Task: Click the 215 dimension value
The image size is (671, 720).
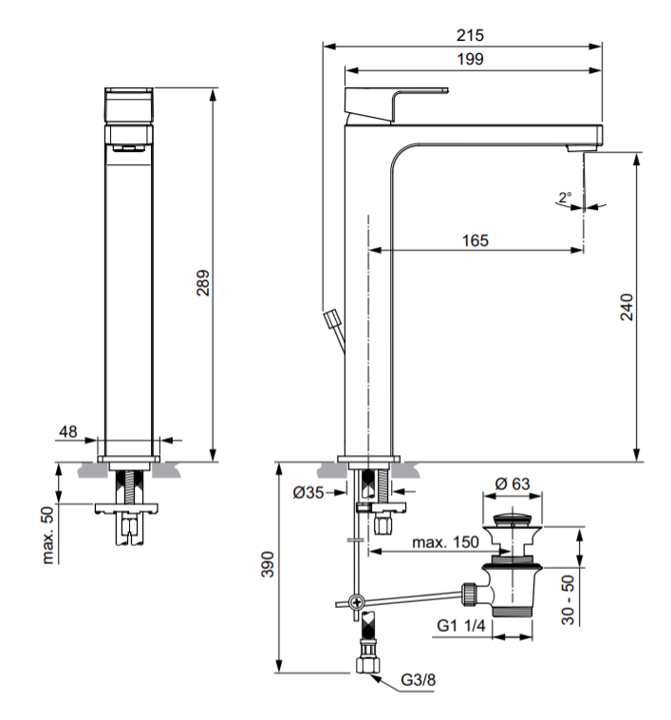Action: pyautogui.click(x=470, y=35)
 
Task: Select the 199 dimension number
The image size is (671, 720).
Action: pyautogui.click(x=470, y=59)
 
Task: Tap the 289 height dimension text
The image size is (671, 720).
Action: pyautogui.click(x=203, y=283)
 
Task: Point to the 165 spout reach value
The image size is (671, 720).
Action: pyautogui.click(x=475, y=240)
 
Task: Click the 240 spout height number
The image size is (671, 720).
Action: pyautogui.click(x=626, y=307)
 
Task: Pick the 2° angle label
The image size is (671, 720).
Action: pyautogui.click(x=565, y=198)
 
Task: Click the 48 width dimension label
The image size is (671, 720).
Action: pyautogui.click(x=68, y=431)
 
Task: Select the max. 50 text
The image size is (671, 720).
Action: pyautogui.click(x=47, y=535)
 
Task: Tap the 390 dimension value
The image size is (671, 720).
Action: pyautogui.click(x=268, y=564)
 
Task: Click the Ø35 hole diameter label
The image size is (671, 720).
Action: pyautogui.click(x=308, y=492)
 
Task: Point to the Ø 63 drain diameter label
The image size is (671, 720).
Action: pyautogui.click(x=513, y=483)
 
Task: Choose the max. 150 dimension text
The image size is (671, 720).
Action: pyautogui.click(x=445, y=542)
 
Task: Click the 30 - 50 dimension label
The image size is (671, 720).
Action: pyautogui.click(x=568, y=599)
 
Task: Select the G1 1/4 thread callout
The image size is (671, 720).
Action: pyautogui.click(x=461, y=625)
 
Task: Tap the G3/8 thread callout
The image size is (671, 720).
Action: pyautogui.click(x=418, y=679)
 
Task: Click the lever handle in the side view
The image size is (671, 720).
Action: pyautogui.click(x=397, y=104)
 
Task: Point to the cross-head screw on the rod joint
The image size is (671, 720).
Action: pyautogui.click(x=356, y=601)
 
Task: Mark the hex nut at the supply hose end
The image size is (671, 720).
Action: pyautogui.click(x=367, y=664)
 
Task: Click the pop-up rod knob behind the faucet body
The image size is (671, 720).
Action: pyautogui.click(x=331, y=318)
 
